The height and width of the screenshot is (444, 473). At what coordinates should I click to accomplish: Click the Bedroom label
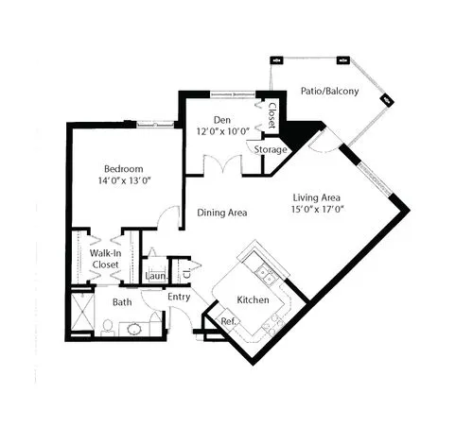point(124,169)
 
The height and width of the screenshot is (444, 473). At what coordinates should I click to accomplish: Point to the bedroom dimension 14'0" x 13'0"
point(125,180)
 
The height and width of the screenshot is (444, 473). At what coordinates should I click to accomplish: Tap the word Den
point(222,120)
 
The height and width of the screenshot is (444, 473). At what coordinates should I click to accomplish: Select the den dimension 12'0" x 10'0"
point(223,131)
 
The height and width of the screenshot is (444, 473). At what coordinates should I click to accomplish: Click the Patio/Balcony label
point(330,91)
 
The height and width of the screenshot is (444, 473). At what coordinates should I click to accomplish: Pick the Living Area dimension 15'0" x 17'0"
point(317,210)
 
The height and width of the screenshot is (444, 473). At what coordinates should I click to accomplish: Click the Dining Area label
point(222,213)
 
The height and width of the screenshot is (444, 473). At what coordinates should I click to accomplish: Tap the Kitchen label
point(253,299)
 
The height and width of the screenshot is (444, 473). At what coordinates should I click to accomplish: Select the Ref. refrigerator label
point(229,321)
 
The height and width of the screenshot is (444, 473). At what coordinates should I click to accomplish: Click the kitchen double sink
point(265,275)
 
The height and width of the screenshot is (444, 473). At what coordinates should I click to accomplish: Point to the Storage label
point(271,149)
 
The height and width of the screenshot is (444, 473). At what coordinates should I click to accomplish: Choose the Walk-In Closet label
point(105,259)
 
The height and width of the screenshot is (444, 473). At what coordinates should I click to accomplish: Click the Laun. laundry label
point(156,276)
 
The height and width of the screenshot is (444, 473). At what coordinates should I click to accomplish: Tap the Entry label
point(179,297)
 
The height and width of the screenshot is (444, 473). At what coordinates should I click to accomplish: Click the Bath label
point(122,302)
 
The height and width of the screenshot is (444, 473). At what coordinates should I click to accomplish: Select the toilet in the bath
point(108,328)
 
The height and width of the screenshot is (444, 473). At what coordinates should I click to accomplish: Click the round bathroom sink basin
point(134,329)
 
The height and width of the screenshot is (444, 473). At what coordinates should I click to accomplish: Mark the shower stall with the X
point(82,311)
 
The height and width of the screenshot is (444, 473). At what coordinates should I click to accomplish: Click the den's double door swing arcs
point(223,162)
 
